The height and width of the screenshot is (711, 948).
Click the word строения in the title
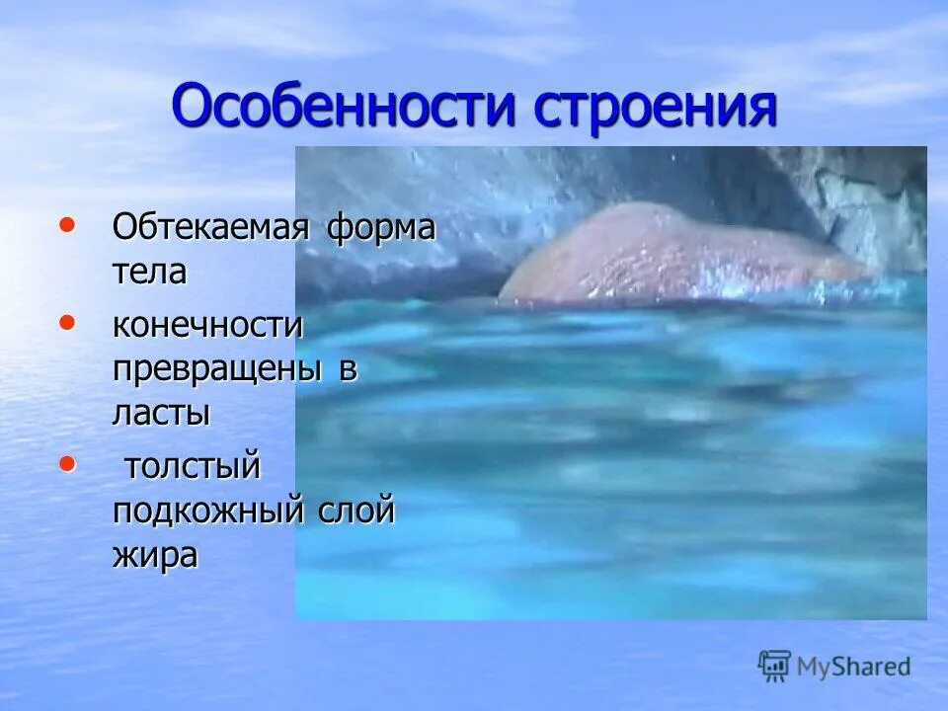click(x=655, y=108)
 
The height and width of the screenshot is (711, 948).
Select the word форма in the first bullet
click(x=381, y=227)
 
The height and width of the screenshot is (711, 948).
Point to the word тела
click(x=149, y=271)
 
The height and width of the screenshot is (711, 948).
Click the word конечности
click(x=207, y=325)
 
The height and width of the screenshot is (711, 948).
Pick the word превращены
click(x=216, y=369)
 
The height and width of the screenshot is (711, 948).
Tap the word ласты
click(x=161, y=413)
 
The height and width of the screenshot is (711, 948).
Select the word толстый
click(x=193, y=467)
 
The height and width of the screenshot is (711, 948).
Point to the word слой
click(x=355, y=511)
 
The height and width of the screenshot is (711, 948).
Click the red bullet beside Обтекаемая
click(x=66, y=225)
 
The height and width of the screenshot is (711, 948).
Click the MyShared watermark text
click(x=854, y=667)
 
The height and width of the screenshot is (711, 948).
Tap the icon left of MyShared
click(x=775, y=666)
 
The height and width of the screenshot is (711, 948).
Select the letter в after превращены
click(x=347, y=369)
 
